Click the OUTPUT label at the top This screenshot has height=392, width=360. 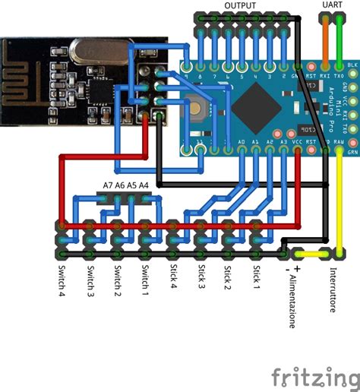[x=239, y=5]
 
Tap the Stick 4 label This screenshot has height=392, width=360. [x=173, y=278]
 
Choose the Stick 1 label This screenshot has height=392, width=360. [x=256, y=278]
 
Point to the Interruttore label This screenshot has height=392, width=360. [x=333, y=289]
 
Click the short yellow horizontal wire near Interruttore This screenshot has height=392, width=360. [x=311, y=254]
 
